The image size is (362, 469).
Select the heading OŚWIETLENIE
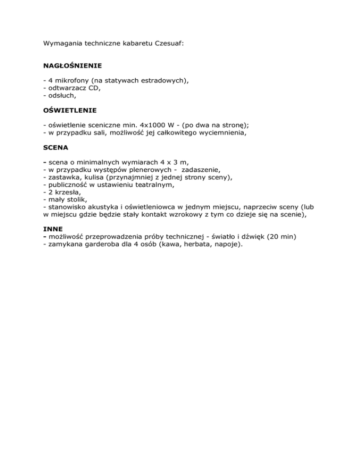pyautogui.click(x=70, y=110)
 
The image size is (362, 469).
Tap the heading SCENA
pyautogui.click(x=56, y=147)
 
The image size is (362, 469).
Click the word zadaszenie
pyautogui.click(x=197, y=169)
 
